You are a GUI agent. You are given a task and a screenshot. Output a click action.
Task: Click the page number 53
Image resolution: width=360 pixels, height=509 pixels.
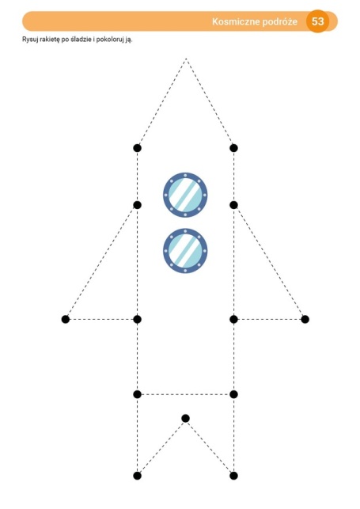coord(317,21)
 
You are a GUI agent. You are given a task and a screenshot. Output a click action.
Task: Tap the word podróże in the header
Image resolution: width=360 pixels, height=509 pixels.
coord(280,22)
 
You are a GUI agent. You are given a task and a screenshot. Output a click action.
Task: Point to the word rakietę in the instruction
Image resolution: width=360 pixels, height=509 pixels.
coord(50,40)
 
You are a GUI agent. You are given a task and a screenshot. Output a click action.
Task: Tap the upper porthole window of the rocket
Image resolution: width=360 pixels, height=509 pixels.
coord(185,195)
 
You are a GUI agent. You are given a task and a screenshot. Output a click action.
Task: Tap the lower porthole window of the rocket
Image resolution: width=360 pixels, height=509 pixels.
coord(185,251)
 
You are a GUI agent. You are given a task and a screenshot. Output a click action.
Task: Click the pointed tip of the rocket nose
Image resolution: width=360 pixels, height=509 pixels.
coord(186,59)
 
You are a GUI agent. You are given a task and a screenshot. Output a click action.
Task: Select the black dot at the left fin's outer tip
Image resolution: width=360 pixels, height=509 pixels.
coord(66,319)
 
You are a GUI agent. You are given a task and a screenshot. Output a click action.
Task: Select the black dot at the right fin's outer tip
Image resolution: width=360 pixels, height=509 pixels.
coord(305,319)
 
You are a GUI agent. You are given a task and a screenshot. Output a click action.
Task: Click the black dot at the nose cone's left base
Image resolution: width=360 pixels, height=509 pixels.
coord(137,148)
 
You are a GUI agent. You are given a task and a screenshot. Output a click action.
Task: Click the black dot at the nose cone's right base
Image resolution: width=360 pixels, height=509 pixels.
coord(233,148)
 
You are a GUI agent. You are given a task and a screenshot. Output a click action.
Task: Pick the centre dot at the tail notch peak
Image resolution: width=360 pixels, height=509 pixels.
coord(185,418)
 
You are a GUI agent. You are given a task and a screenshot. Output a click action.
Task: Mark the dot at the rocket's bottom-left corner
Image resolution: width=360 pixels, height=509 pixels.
coord(137,476)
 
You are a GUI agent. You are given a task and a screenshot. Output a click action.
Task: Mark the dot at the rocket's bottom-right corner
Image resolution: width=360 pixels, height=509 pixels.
coord(233,476)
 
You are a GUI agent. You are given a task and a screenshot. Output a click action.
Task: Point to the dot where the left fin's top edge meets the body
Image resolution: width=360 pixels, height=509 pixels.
coord(137,205)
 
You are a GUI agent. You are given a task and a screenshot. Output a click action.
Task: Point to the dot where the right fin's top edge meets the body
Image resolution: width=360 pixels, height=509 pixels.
coord(233,205)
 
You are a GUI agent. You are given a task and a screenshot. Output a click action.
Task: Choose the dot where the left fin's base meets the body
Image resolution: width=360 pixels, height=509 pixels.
coord(137,319)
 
